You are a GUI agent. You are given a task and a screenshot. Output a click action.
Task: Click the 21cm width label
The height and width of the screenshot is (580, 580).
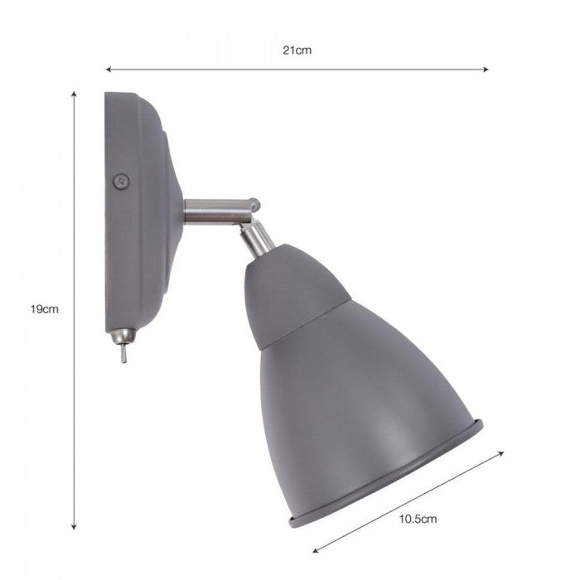pyautogui.click(x=297, y=51)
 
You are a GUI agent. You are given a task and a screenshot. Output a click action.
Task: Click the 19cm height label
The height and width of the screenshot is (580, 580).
pyautogui.click(x=44, y=309)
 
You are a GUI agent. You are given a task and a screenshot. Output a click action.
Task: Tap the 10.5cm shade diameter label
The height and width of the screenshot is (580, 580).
pyautogui.click(x=418, y=520)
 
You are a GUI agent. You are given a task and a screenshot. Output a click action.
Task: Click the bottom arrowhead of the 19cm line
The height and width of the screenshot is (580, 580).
pyautogui.click(x=75, y=527)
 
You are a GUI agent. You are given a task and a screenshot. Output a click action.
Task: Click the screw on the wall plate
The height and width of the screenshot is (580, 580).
pyautogui.click(x=122, y=178)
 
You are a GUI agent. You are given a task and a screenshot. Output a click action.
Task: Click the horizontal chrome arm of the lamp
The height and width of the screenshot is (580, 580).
pyautogui.click(x=211, y=210)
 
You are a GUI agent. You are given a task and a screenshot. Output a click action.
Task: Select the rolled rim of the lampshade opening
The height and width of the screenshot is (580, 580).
pyautogui.click(x=389, y=481)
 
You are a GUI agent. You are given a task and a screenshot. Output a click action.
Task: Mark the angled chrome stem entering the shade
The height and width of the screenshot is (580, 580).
pyautogui.click(x=259, y=237)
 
